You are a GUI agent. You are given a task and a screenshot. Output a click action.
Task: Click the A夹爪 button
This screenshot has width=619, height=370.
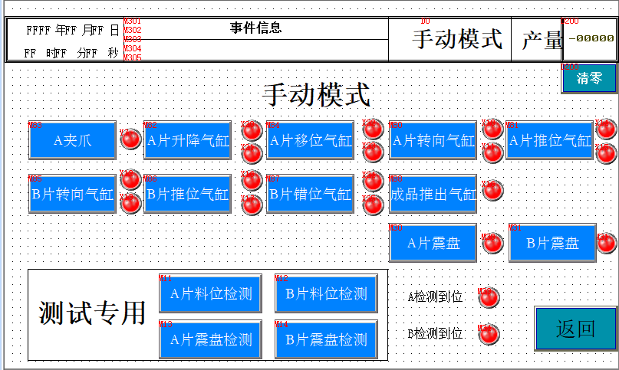click(72, 140)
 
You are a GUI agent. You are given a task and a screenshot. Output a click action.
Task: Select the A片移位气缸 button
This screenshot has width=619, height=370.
click(311, 140)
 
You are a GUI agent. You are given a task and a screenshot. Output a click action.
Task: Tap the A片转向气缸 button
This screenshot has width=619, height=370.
click(433, 140)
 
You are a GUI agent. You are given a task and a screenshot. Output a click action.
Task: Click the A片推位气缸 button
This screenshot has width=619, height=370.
click(550, 140)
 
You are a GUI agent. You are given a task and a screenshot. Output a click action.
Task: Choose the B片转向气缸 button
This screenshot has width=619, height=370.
click(72, 194)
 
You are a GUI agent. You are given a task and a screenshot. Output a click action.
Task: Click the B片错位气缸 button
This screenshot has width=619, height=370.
click(311, 194)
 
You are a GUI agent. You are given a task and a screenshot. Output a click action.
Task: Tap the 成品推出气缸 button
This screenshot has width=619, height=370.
click(433, 194)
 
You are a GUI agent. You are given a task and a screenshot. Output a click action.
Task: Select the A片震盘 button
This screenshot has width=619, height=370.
click(433, 243)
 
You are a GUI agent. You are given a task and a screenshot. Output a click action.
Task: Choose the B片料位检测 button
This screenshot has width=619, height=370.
click(326, 293)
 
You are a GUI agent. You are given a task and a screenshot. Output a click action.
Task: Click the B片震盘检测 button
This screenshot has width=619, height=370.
click(326, 339)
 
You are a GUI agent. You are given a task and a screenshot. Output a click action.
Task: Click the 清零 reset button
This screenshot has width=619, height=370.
click(588, 78)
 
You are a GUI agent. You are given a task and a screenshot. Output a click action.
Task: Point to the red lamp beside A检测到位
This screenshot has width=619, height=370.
click(489, 296)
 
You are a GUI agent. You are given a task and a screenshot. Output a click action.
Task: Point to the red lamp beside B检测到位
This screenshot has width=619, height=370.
click(489, 334)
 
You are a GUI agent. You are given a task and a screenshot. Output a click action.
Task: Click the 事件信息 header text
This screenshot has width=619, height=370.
click(255, 28)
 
